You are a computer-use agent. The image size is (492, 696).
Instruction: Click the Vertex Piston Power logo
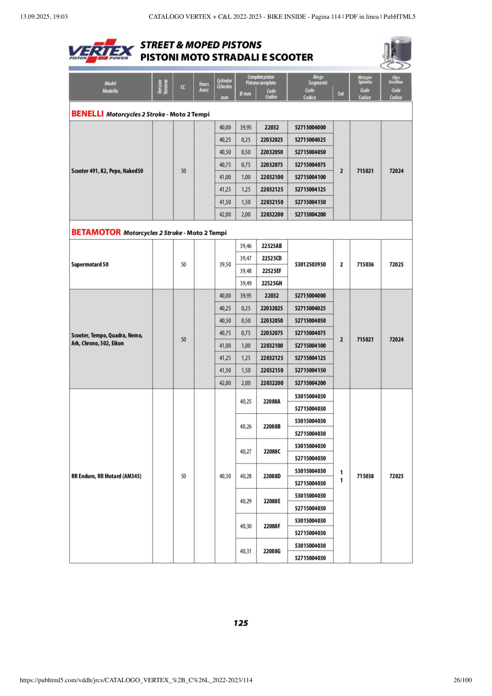101,51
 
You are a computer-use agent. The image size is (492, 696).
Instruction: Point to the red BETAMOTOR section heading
96,233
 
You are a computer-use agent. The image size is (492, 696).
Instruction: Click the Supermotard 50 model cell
90,265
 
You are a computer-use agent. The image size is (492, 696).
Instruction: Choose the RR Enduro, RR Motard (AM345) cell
106,476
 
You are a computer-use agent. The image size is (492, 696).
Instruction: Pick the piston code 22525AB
272,246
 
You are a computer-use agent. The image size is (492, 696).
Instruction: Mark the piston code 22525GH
272,283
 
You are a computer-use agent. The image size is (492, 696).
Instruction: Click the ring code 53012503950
310,265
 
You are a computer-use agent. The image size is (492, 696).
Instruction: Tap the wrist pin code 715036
365,265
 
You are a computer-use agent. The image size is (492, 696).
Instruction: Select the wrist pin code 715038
365,476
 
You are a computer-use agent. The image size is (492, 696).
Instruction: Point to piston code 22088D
272,476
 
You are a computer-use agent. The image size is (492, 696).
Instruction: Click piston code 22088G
272,551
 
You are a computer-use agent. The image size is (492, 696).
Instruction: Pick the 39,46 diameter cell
246,246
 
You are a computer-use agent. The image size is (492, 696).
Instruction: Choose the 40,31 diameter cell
246,551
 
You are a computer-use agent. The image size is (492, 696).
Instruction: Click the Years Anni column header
204,87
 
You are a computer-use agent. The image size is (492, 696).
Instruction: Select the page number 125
241,623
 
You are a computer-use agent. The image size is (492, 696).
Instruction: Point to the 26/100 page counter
462,681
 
